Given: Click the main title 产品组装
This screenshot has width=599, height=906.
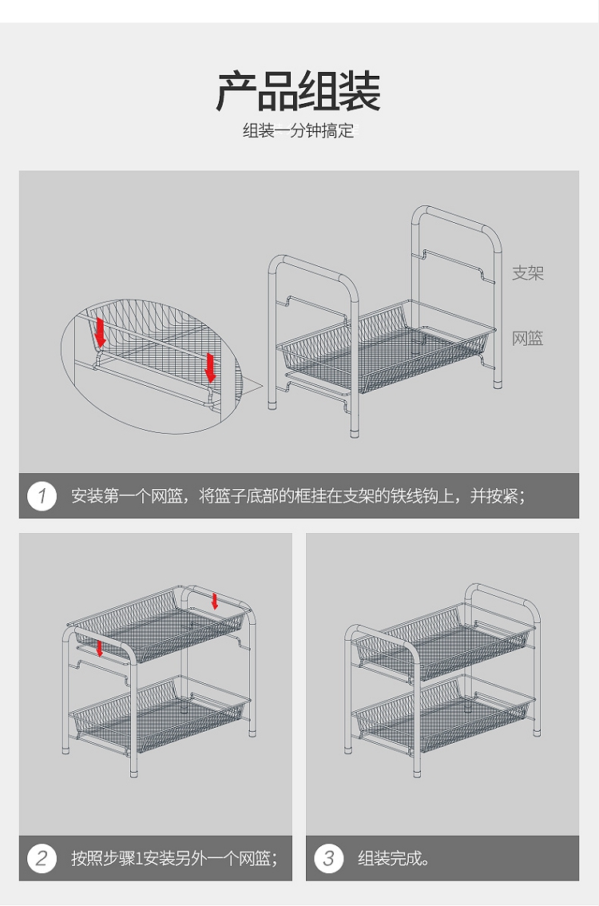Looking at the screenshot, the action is point(298,92).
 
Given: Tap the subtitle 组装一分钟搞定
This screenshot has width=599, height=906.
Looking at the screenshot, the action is point(298,130).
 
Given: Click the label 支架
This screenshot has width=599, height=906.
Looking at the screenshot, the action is point(527,272).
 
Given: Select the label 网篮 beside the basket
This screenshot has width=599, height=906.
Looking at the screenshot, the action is point(527,338).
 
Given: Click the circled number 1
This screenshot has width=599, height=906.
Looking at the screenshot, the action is point(42,496).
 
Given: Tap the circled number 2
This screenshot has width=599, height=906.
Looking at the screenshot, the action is point(42,858).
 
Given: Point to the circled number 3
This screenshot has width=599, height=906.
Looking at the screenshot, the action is point(329,858).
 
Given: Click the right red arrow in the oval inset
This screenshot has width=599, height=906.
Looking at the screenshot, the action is point(210,368).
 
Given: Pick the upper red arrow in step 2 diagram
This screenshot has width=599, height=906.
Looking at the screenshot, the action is point(215,601).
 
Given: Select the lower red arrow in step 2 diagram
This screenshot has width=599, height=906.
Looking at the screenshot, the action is point(99,648).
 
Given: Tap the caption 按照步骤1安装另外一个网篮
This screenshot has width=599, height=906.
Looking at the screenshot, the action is point(174,859).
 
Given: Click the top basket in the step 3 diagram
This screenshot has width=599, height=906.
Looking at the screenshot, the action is point(443,642).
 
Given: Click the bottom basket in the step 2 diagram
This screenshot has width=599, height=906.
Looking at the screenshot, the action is point(160,714).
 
